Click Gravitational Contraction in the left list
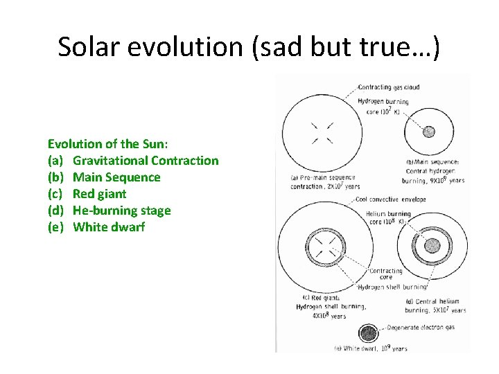point(146,161)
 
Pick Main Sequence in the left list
point(116,177)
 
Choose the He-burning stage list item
point(121,211)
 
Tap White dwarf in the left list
point(109,227)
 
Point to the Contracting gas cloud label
point(389,87)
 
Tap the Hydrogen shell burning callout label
point(392,286)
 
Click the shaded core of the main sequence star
point(429,132)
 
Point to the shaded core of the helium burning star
point(432,246)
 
